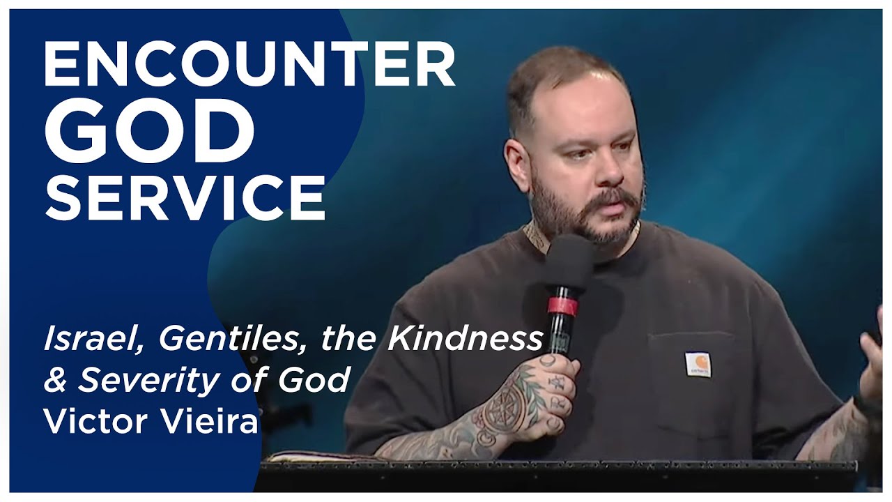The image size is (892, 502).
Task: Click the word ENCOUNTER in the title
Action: coord(249,63)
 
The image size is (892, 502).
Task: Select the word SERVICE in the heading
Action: coord(185,197)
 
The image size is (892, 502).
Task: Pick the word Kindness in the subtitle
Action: coord(465,340)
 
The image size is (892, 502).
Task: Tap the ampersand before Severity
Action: coord(54,381)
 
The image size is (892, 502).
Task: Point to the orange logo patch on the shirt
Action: coord(697,363)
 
